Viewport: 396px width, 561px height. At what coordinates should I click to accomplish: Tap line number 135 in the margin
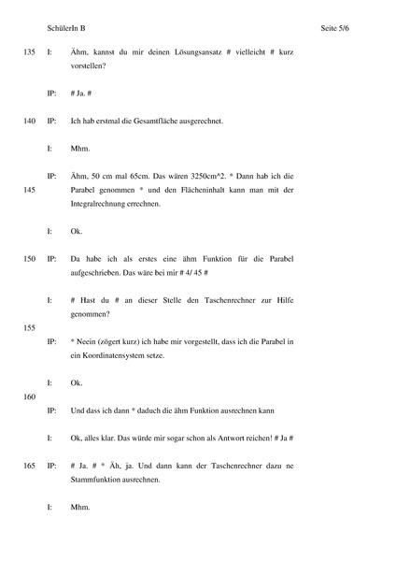[28, 54]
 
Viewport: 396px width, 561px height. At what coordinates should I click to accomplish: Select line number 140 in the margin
[28, 122]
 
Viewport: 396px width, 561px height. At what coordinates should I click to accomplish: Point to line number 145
[28, 190]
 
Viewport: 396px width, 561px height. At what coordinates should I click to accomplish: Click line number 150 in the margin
[28, 257]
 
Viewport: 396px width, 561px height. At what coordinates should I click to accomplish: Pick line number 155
[28, 328]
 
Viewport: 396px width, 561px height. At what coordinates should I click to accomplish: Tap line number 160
[28, 396]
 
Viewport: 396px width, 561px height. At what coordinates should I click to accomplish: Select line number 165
[28, 464]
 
